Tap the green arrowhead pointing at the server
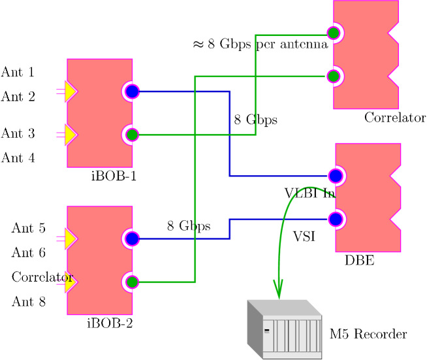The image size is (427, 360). pos(278,288)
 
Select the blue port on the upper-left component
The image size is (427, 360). pos(131,91)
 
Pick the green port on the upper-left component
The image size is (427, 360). pos(131,135)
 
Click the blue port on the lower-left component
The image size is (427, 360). pos(131,238)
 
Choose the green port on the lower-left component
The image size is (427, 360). pos(131,282)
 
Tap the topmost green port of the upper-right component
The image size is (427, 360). pos(334,33)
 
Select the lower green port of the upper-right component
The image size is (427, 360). pos(334,76)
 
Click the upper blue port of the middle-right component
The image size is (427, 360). pos(336,176)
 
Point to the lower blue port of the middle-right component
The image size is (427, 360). pos(336,219)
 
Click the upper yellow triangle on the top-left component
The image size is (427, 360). pos(70,91)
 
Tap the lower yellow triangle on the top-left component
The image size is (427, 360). pos(70,135)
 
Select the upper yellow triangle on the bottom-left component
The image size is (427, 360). pos(70,238)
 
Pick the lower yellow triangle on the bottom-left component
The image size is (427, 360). pos(70,282)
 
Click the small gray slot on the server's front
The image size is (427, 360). pos(266,331)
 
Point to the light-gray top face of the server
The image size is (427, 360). pos(284,307)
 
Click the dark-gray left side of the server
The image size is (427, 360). pos(254,329)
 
